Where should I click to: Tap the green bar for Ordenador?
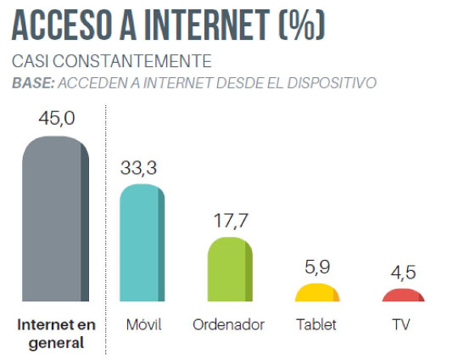[230, 270]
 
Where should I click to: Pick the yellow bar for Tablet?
[317, 294]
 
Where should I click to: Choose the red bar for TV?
[403, 295]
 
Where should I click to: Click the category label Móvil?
[142, 324]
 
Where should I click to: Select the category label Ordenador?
[229, 324]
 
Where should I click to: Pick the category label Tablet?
[317, 324]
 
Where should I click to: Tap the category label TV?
[403, 324]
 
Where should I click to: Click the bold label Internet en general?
[56, 334]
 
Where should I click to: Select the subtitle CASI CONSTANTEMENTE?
[111, 62]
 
